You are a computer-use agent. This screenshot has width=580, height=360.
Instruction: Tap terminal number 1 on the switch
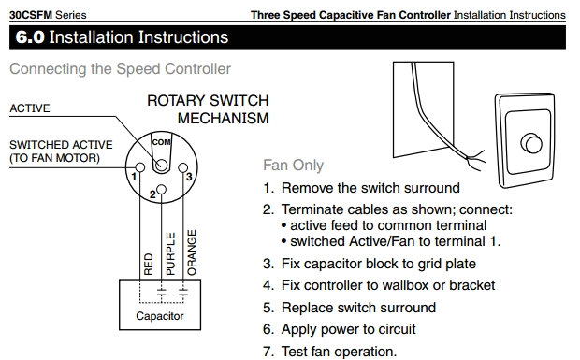coord(136,177)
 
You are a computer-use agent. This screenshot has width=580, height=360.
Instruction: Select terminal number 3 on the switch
coord(190,177)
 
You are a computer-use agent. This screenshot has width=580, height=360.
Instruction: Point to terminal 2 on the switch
coord(151,194)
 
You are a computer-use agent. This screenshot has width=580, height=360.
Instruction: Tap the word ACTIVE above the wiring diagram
coord(30,108)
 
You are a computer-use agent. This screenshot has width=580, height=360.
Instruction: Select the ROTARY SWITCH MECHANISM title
coord(207,109)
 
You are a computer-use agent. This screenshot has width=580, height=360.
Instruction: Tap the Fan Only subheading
coord(294,166)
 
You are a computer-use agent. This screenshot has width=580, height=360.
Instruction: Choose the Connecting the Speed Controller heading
coord(120,69)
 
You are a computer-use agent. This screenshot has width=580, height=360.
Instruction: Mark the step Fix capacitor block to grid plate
coord(369,264)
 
